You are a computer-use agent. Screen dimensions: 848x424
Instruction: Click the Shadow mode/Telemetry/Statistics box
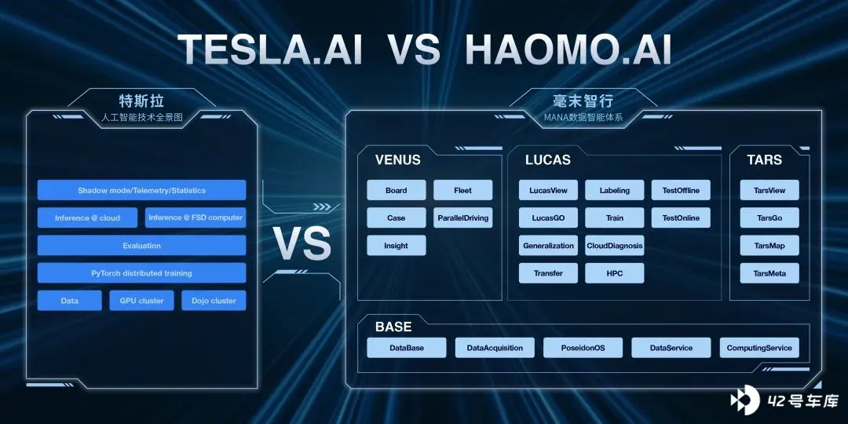point(141,190)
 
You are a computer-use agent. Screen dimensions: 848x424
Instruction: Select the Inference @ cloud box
point(88,218)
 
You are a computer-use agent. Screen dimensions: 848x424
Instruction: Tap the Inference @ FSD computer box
point(196,218)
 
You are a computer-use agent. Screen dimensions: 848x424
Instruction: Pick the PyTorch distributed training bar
point(141,273)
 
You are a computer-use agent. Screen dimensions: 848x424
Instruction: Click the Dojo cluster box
point(214,301)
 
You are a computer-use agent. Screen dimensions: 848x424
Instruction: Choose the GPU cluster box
point(141,301)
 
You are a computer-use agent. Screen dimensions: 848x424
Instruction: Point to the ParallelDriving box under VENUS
point(463,218)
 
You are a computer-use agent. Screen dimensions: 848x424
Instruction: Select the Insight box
point(397,246)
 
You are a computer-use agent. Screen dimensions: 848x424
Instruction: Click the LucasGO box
point(548,218)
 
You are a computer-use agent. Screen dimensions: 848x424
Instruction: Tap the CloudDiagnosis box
point(615,246)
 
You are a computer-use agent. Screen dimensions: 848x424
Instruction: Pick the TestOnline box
point(681,218)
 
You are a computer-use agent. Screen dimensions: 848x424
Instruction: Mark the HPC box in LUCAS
point(615,273)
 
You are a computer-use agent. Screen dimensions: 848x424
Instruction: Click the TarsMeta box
point(769,273)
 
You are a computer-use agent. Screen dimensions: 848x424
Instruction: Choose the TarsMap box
point(769,246)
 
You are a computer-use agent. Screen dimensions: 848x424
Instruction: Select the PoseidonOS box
point(583,348)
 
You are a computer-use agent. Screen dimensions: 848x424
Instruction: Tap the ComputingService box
point(759,348)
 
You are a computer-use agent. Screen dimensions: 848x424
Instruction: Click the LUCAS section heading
point(548,160)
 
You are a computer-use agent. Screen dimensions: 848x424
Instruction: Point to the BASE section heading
point(393,327)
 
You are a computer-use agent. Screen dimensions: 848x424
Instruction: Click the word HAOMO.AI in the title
point(568,49)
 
